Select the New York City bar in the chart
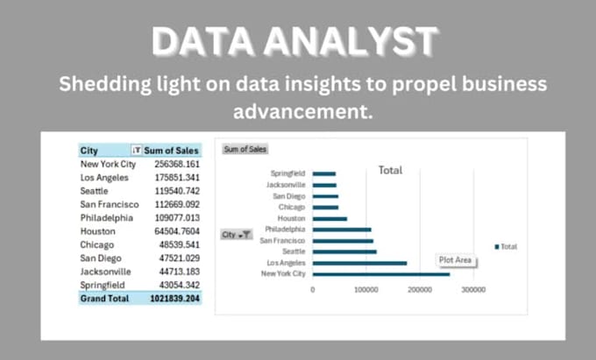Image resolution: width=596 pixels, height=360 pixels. click(381, 274)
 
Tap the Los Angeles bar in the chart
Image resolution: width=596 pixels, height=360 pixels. click(359, 263)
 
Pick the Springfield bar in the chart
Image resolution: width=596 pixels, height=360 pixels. click(324, 173)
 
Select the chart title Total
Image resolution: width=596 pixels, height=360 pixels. click(390, 171)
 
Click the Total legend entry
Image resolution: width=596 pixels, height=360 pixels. click(507, 247)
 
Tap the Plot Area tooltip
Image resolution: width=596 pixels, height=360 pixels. click(456, 260)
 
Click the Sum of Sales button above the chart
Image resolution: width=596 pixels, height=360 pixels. click(245, 150)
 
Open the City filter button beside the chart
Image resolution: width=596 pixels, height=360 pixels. click(237, 235)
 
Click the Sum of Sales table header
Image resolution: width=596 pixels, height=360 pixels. click(171, 150)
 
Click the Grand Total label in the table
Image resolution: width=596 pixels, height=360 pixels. click(104, 299)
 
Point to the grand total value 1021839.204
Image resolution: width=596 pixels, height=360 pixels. click(172, 299)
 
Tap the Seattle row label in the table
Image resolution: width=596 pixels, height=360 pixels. click(94, 191)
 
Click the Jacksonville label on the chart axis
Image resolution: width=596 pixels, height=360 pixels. click(287, 185)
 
